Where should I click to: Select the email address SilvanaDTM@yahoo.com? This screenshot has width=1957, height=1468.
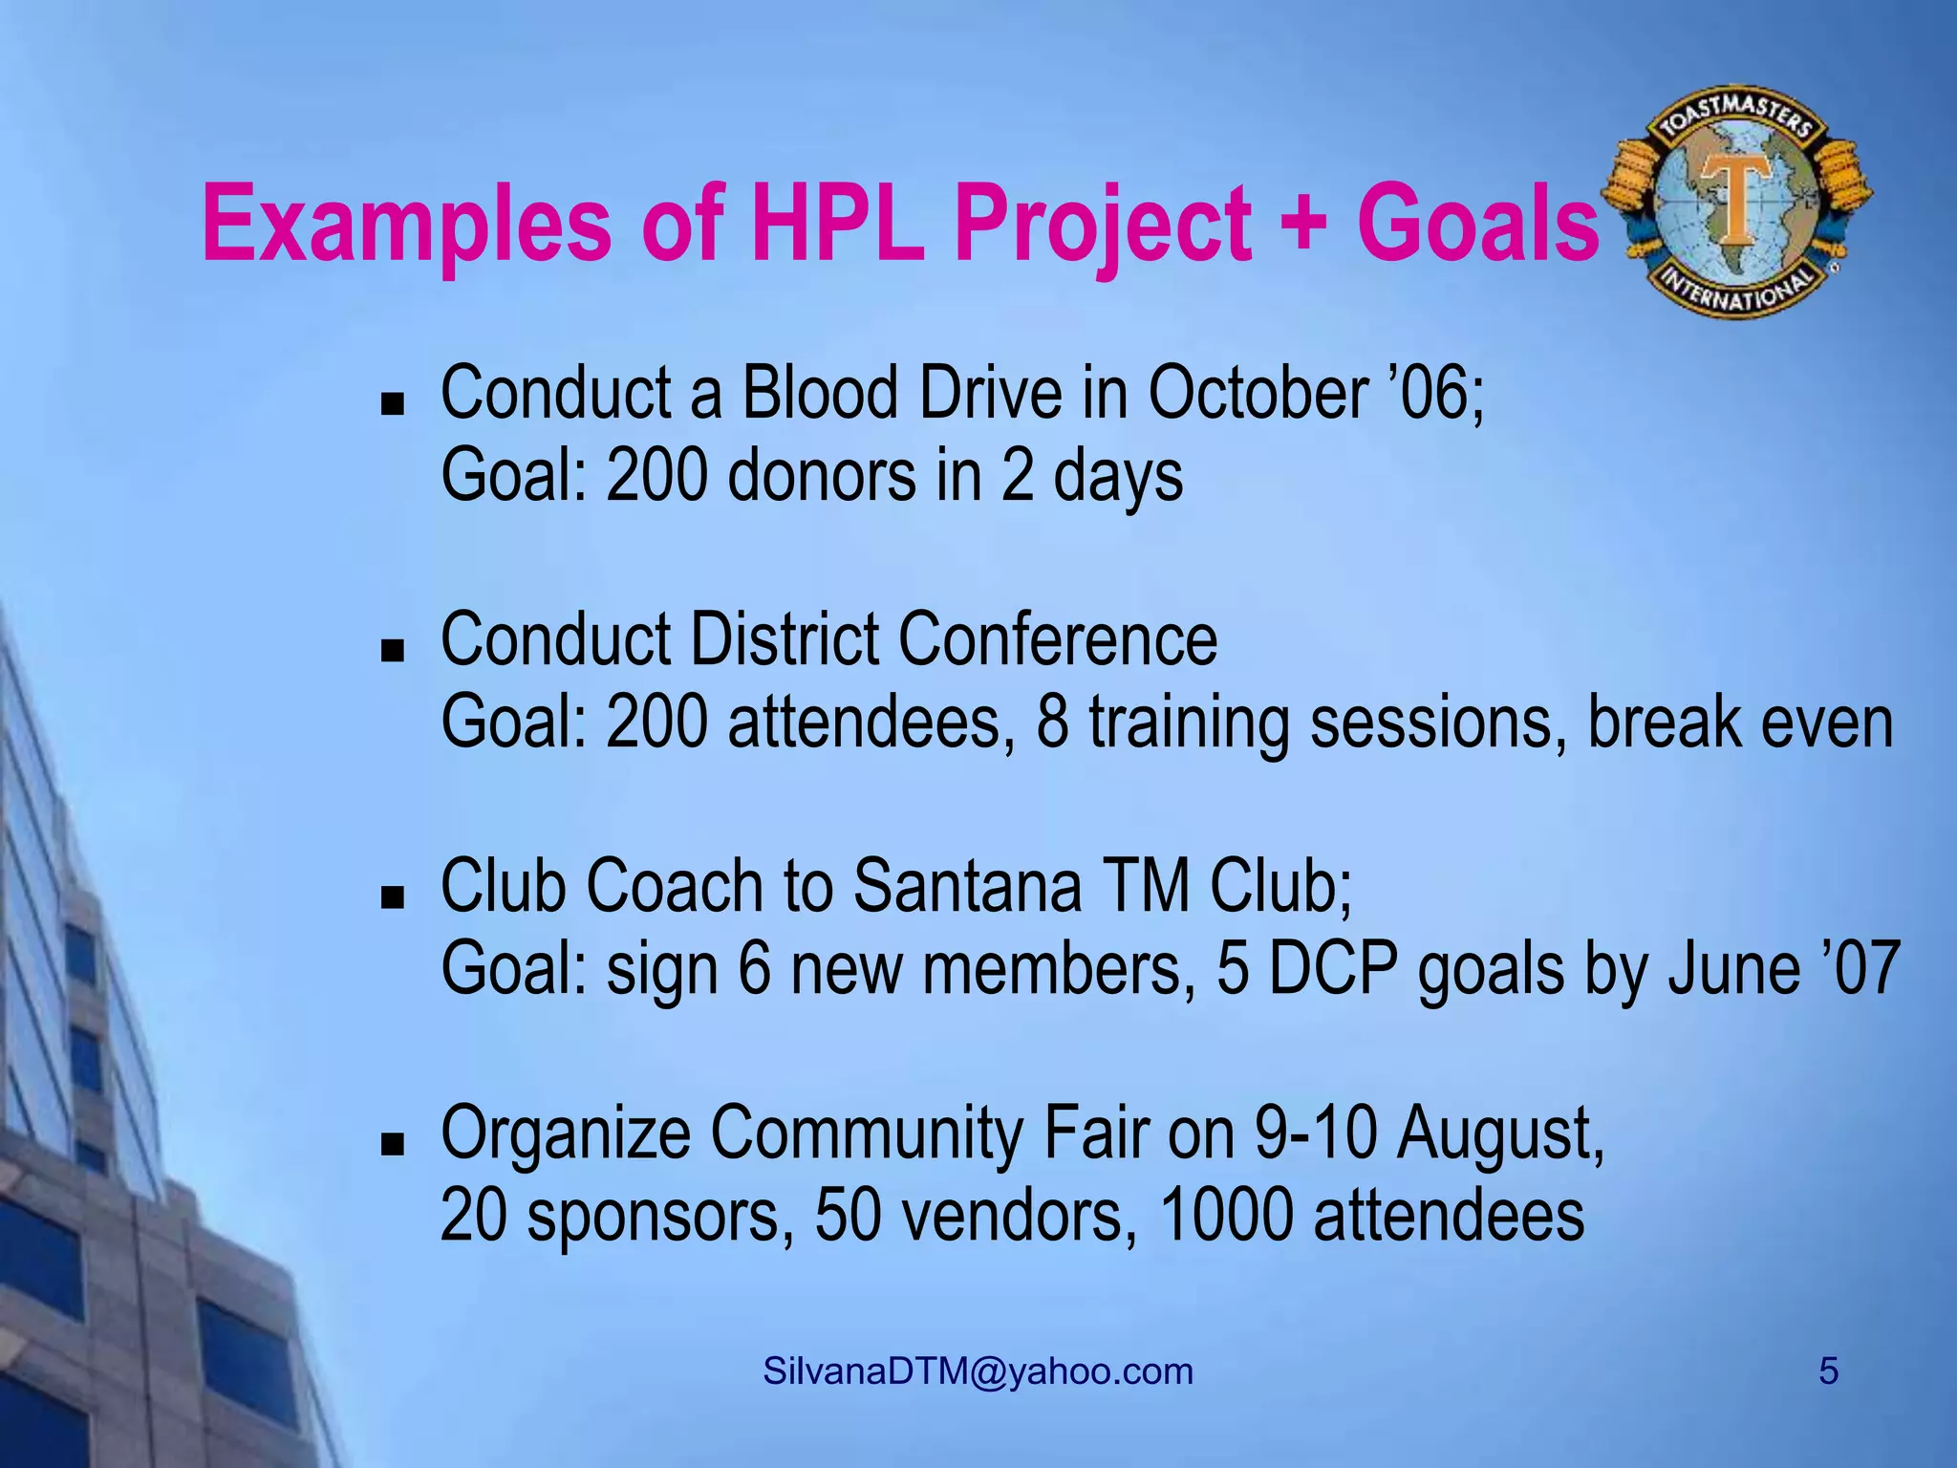(x=978, y=1371)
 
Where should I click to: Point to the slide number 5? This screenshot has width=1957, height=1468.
(x=1828, y=1371)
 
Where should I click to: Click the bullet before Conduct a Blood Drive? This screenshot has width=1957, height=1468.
(x=392, y=404)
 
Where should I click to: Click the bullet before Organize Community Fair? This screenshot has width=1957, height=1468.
(x=392, y=1144)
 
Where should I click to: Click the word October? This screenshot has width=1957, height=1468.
(x=1258, y=393)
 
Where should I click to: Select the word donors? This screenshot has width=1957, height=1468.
(x=822, y=476)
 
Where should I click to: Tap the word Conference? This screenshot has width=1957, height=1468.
(x=1057, y=639)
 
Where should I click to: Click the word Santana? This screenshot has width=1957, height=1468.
(x=966, y=886)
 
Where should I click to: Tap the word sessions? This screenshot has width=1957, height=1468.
(x=1437, y=723)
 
